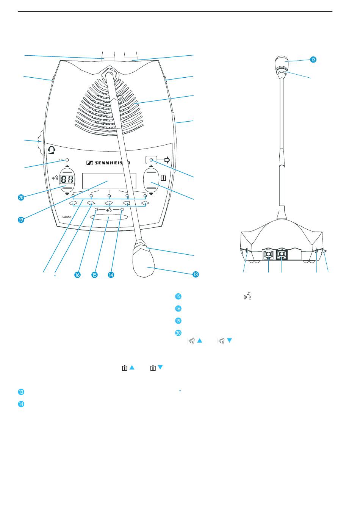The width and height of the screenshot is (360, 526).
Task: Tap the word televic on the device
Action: [x=67, y=217]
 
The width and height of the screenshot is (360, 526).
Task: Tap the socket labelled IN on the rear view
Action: [x=282, y=255]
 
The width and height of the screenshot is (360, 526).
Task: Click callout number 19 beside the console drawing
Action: [x=21, y=219]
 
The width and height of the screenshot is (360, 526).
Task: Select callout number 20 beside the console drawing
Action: [x=21, y=197]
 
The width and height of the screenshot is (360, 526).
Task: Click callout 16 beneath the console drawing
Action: [x=77, y=275]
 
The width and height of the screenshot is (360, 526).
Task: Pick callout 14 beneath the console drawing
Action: [x=111, y=275]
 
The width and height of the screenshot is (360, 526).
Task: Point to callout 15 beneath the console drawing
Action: [x=94, y=275]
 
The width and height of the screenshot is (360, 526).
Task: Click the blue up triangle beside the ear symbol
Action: [x=200, y=341]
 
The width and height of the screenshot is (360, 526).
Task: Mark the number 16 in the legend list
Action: [x=178, y=308]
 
